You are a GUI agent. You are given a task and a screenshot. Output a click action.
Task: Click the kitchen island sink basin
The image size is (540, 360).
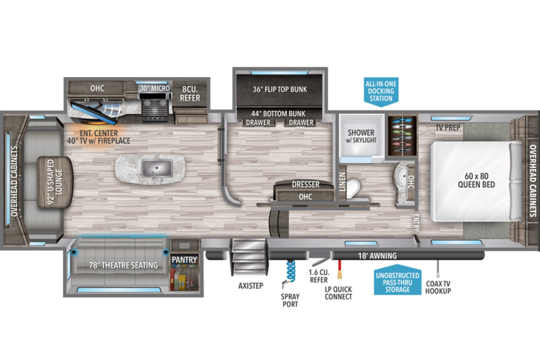[157, 168]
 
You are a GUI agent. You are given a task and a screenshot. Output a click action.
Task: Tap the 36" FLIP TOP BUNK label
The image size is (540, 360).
[280, 90]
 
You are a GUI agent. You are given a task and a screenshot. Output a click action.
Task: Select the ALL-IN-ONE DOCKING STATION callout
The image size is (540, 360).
[381, 92]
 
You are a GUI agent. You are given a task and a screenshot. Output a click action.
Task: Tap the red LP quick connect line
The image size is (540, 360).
[340, 269]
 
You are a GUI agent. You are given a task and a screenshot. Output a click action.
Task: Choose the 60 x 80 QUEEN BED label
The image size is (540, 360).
[477, 180]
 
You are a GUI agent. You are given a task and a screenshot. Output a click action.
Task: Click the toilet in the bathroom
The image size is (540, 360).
[353, 189]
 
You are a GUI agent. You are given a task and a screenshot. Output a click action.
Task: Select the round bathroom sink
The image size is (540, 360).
[401, 176]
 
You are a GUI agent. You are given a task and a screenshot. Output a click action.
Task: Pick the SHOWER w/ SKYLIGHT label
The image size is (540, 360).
[361, 136]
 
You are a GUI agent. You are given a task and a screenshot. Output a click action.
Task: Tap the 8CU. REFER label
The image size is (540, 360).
[190, 94]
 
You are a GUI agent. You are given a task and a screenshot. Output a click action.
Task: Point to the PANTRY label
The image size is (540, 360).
[184, 260]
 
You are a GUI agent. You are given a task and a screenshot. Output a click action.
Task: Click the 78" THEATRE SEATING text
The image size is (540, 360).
[123, 265]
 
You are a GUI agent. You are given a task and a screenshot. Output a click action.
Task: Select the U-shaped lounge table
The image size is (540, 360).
[55, 182]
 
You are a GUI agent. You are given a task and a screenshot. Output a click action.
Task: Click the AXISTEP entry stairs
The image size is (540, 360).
[249, 257]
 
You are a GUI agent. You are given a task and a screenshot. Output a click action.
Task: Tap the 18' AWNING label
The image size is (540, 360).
[377, 256]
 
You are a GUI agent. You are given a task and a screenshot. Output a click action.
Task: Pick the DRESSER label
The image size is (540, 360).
[306, 184]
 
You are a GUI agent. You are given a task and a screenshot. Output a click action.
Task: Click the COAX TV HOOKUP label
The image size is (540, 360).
[438, 287]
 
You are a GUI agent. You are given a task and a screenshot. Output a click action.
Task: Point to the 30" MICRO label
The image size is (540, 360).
[155, 88]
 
